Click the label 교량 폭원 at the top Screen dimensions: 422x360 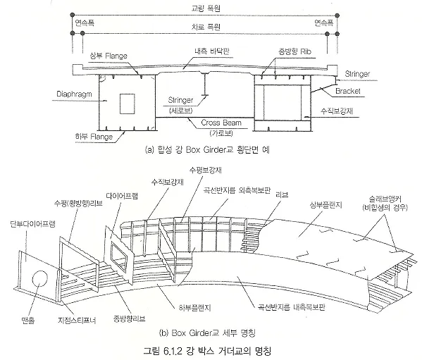click(206, 8)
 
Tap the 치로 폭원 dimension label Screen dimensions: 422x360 click(206, 27)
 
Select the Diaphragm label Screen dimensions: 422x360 click(74, 94)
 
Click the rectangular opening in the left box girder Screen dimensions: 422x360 click(128, 104)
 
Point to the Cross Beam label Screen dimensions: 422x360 click(221, 123)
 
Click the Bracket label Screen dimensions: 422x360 click(348, 91)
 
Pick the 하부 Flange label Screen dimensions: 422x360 click(94, 137)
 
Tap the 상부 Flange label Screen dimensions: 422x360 click(108, 56)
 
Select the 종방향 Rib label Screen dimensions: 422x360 click(295, 51)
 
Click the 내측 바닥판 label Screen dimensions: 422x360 click(211, 51)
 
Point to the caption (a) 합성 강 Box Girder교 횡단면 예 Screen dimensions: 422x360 click(207, 149)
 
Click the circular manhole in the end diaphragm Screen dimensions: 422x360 click(40, 279)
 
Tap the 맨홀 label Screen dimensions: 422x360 click(28, 320)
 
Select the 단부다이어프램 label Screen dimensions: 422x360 click(32, 224)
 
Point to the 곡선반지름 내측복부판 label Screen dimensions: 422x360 click(292, 307)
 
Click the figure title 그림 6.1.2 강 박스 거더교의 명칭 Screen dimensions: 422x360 click(207, 351)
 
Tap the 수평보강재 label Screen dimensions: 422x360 click(205, 170)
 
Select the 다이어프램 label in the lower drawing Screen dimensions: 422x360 click(122, 196)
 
